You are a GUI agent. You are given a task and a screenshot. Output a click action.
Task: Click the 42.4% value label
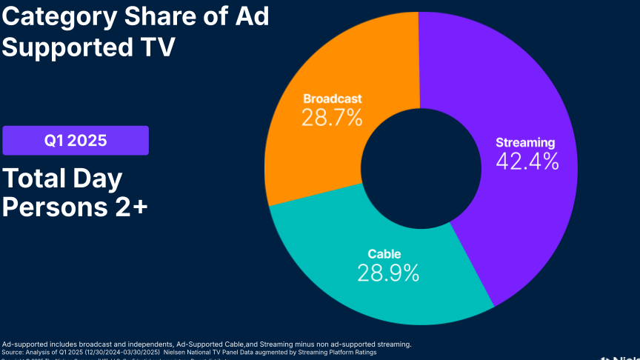click(x=527, y=161)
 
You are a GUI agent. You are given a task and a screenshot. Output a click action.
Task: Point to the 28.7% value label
click(x=332, y=117)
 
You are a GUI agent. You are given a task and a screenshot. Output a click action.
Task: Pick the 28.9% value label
click(x=388, y=273)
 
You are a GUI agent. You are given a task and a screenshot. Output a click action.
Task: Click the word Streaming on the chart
click(x=525, y=142)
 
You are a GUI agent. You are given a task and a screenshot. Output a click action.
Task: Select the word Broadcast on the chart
click(x=333, y=99)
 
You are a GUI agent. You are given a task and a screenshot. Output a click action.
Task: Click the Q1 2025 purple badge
click(x=76, y=140)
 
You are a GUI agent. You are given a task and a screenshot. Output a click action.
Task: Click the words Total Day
click(x=62, y=179)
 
